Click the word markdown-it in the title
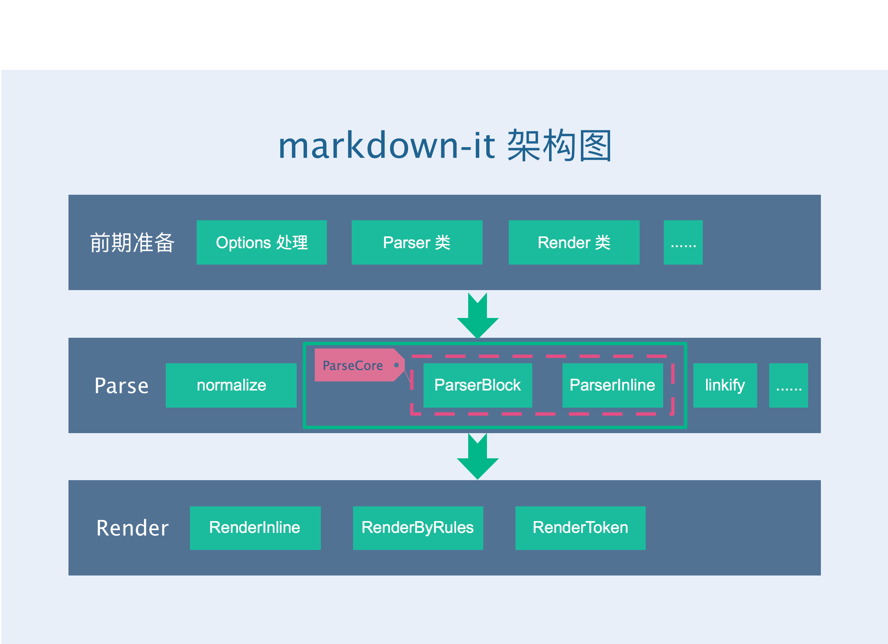point(386,145)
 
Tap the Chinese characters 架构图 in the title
point(559,145)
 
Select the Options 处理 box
point(261,242)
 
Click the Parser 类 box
point(417,242)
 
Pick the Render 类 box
point(574,242)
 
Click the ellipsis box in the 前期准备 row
point(683,242)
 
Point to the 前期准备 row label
point(132,242)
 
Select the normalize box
point(231,385)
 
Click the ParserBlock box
point(478,385)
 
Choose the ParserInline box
point(612,385)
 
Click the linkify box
point(725,385)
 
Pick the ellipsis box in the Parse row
point(789,385)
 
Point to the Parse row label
point(122,386)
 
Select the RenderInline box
point(255,528)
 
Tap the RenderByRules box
point(418,528)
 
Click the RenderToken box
point(580,528)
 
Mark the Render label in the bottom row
point(132,528)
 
